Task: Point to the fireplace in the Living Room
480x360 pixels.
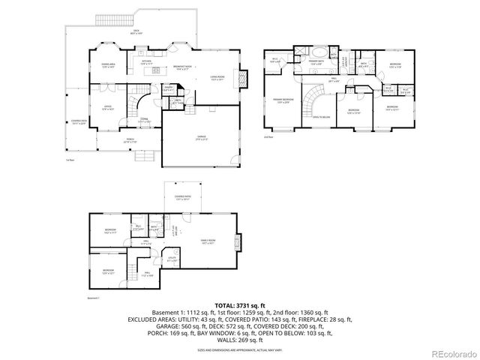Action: click(242, 77)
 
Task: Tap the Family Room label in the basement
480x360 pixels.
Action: click(208, 241)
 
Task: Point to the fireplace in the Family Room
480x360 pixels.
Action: click(238, 242)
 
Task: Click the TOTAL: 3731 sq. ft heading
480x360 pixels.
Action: click(239, 306)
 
